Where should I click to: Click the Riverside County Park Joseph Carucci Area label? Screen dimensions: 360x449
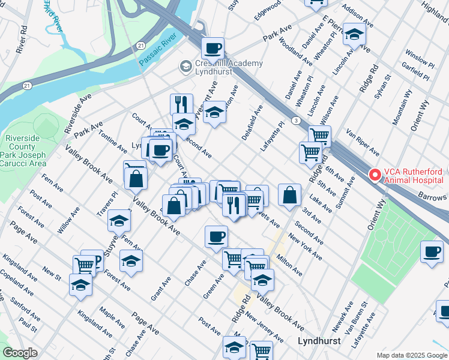pos(25,151)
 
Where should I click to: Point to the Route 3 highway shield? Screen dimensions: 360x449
pos(297,121)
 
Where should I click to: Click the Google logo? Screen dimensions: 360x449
pos(20,353)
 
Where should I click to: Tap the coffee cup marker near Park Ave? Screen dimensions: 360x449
pos(212,47)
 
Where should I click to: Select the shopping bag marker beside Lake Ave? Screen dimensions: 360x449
pos(289,194)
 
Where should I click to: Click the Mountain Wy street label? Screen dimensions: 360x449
pos(402,108)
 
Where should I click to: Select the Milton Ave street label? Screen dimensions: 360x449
pos(289,264)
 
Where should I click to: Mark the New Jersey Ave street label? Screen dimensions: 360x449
pos(264,328)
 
